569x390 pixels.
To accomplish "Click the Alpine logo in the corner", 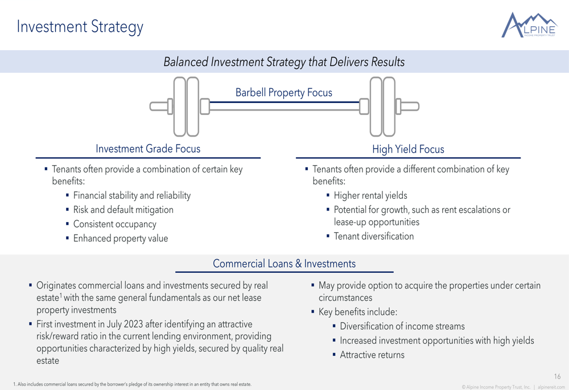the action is [x=529, y=25].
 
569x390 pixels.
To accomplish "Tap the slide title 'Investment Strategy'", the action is [x=80, y=27].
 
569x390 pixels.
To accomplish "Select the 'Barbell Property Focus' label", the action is [x=284, y=93].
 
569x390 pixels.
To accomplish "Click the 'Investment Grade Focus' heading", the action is [x=148, y=149].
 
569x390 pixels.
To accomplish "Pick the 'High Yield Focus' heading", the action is [x=408, y=149].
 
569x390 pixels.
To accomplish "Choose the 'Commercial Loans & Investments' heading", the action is [x=284, y=264].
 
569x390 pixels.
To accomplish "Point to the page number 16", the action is [x=558, y=376].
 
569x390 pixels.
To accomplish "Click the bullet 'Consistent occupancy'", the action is [x=115, y=224].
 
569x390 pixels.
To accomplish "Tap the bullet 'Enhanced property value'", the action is [x=121, y=239].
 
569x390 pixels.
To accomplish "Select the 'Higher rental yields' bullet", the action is [x=370, y=195].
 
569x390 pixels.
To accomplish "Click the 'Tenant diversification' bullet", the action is [x=374, y=236].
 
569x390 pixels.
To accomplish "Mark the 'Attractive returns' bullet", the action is [x=372, y=355].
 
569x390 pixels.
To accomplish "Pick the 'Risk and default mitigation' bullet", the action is [x=123, y=210].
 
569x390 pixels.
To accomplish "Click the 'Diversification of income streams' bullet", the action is [x=402, y=326].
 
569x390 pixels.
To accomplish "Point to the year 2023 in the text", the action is [x=134, y=324].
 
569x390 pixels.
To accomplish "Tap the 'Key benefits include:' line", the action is [x=358, y=312].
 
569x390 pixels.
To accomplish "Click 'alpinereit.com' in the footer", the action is [x=551, y=387].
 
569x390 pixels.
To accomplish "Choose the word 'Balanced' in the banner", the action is [x=186, y=61].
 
